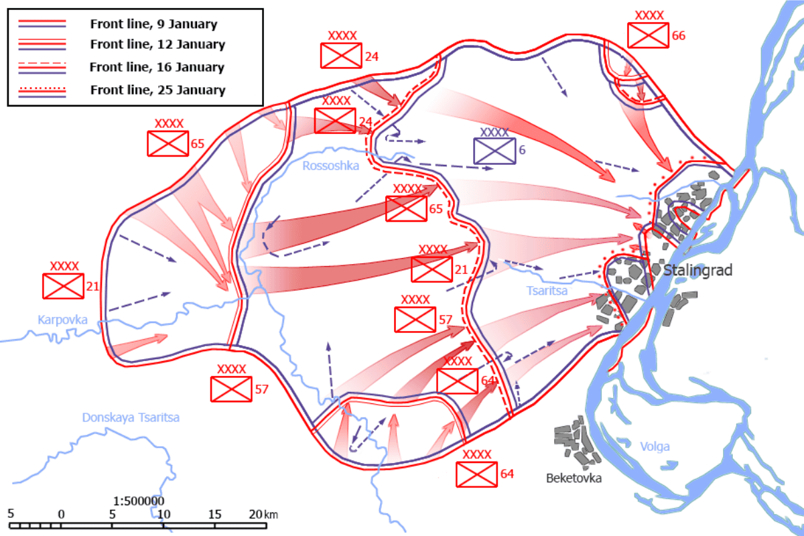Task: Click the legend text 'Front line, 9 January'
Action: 153,24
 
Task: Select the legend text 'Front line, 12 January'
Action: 157,45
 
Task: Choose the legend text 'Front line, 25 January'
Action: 157,90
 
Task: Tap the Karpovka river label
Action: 62,320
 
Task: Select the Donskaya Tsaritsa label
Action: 131,417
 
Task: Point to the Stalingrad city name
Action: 698,271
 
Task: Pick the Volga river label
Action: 655,447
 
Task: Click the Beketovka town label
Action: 574,478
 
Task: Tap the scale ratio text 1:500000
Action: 139,500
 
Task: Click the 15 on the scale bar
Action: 214,514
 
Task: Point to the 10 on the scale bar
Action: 163,514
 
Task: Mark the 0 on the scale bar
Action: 61,514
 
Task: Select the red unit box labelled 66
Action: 649,35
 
